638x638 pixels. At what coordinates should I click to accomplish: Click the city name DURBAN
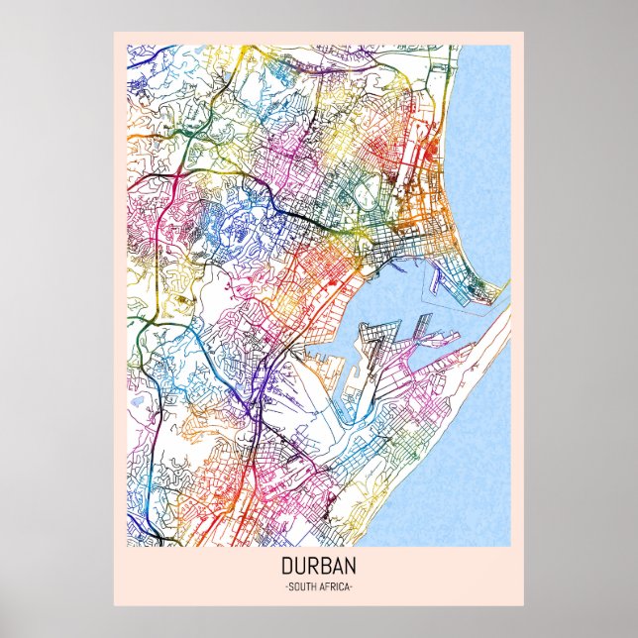319,570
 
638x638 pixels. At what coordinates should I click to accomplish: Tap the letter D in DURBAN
286,570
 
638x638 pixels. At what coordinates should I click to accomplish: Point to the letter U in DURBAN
299,570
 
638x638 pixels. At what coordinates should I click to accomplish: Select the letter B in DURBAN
326,570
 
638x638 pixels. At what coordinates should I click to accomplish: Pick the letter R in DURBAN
313,570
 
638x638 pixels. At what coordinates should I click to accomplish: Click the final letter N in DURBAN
353,570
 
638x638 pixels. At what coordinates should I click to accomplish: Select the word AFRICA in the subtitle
335,589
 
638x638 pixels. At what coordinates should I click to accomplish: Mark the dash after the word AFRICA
353,589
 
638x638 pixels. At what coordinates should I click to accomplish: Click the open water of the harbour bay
416,287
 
